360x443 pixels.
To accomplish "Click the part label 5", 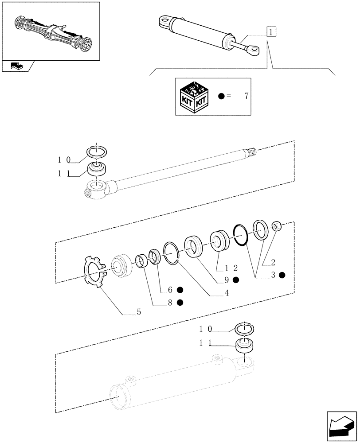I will [x=139, y=312].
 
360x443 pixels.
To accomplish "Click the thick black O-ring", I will [x=240, y=234].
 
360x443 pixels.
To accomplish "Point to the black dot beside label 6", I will [x=180, y=290].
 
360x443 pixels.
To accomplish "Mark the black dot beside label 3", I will [x=282, y=275].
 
